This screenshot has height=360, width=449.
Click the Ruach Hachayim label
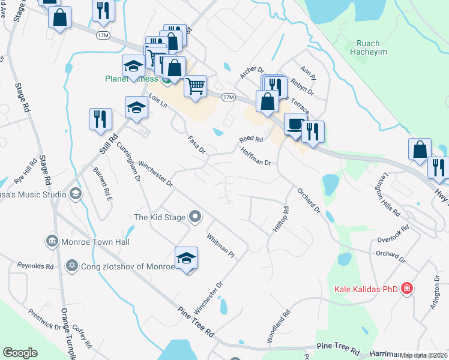[x=372, y=47]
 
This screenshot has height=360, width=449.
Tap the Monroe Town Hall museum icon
[x=52, y=242]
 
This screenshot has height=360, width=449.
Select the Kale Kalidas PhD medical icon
[x=408, y=289]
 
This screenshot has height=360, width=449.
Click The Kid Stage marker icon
[x=194, y=217]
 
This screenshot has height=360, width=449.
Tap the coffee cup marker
[x=294, y=124]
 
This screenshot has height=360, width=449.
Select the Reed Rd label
[x=252, y=139]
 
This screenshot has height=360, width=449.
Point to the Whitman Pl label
[x=220, y=245]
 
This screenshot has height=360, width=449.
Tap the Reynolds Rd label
[x=35, y=265]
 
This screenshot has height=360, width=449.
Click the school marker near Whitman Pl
[x=187, y=258]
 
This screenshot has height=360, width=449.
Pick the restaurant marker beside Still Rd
[x=100, y=119]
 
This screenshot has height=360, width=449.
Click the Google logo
[x=20, y=353]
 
